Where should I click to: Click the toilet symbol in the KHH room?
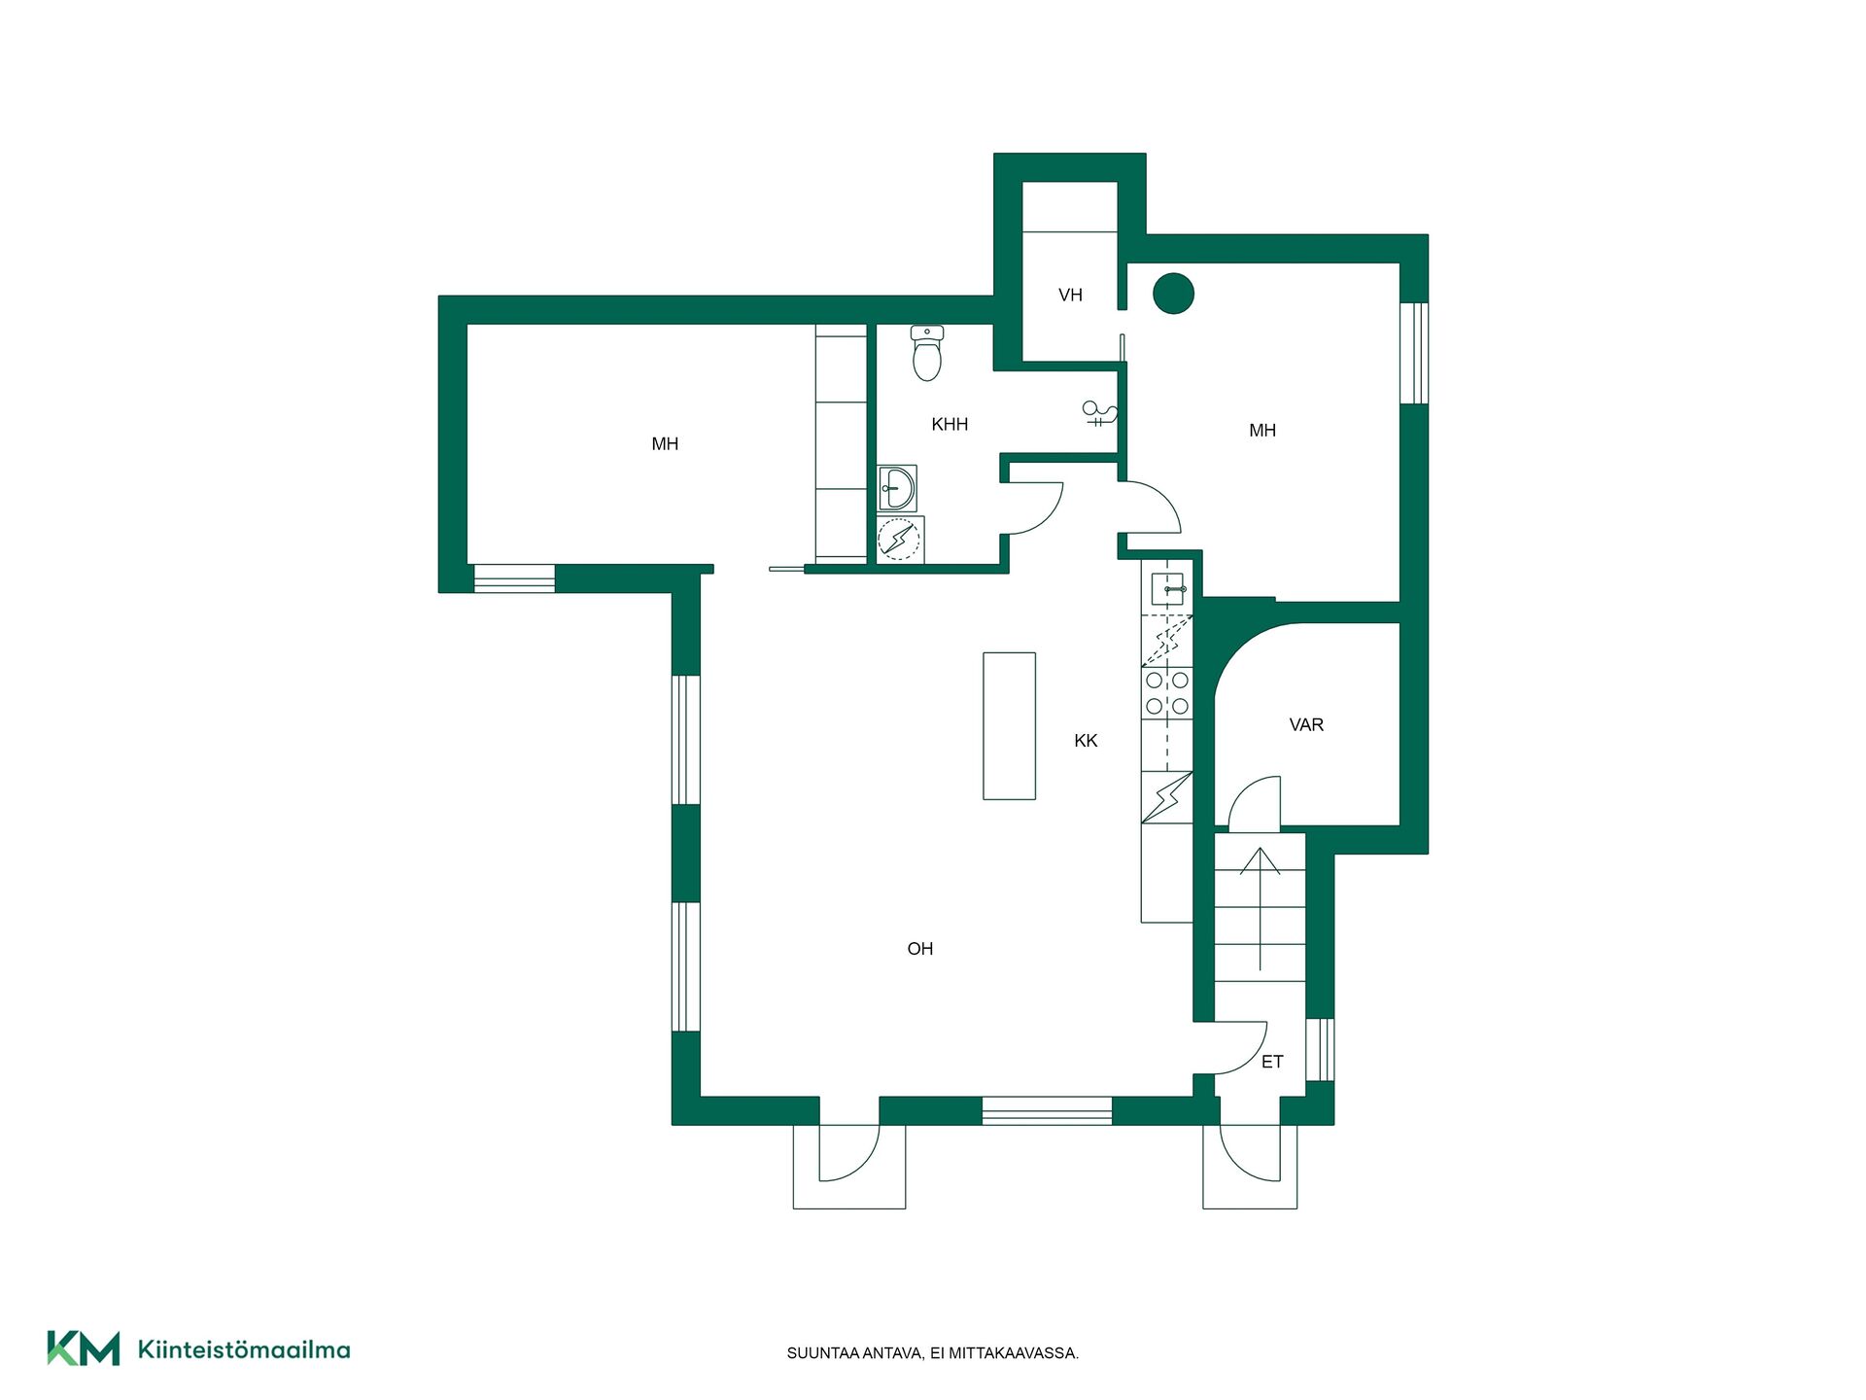point(927,352)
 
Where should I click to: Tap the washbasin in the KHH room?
point(897,488)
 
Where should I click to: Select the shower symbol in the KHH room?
point(1100,414)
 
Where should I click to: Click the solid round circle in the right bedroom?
point(1173,293)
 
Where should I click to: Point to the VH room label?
point(1070,295)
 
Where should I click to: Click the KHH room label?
point(950,424)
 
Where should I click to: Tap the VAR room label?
point(1306,724)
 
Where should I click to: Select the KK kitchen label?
point(1086,741)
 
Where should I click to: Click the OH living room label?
point(919,949)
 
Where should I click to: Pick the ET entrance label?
point(1272,1062)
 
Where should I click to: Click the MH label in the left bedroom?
point(665,444)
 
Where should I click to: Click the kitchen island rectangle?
point(1009,726)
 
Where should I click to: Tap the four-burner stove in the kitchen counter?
point(1166,693)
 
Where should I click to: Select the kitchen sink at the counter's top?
point(1166,588)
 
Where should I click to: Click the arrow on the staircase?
point(1261,909)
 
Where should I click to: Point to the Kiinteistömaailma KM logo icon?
point(84,1348)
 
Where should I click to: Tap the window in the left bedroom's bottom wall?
point(514,577)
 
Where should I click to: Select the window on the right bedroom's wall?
point(1414,353)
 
